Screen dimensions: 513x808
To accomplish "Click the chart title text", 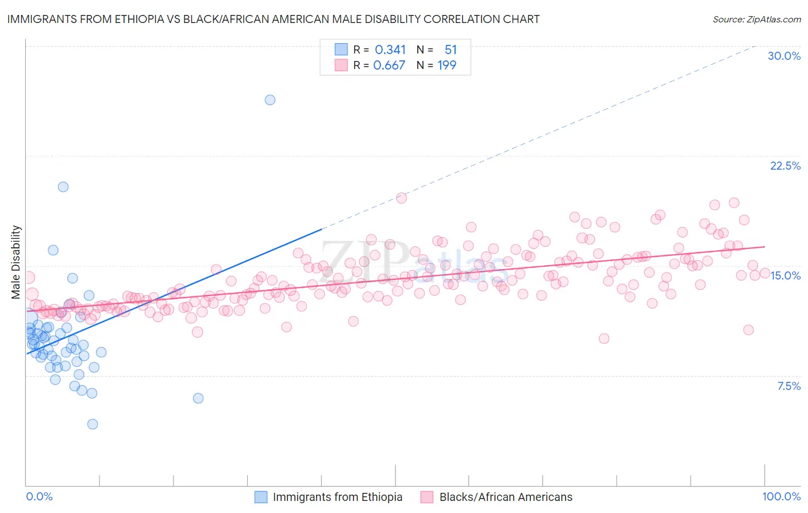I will click(x=274, y=19).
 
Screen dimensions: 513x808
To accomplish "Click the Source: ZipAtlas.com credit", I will click(x=756, y=19).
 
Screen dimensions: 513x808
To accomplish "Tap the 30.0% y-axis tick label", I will click(x=784, y=56).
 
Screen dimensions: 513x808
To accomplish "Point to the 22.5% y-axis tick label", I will click(x=785, y=166).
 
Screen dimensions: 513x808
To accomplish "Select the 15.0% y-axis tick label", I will click(x=785, y=275).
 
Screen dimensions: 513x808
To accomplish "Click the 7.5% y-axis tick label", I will click(x=788, y=386).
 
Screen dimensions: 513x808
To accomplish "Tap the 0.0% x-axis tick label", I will click(x=39, y=496).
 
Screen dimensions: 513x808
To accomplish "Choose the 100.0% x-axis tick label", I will click(x=781, y=496).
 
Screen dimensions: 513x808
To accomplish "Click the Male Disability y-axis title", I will click(x=16, y=262).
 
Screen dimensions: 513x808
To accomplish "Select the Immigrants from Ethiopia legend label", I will click(x=337, y=497).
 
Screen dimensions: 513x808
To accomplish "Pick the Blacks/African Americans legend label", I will click(x=506, y=497).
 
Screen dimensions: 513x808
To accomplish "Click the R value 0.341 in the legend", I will click(x=390, y=50).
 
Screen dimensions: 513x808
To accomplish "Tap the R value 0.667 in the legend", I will click(x=389, y=66).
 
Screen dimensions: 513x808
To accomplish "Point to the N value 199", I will click(x=447, y=66).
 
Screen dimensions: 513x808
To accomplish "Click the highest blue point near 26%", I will click(x=270, y=99).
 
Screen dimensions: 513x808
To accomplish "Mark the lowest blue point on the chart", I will click(x=92, y=424).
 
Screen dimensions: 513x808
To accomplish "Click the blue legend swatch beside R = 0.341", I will click(x=341, y=49).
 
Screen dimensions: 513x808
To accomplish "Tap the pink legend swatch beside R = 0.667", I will click(x=341, y=65).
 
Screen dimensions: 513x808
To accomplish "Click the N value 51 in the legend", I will click(x=451, y=50).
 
